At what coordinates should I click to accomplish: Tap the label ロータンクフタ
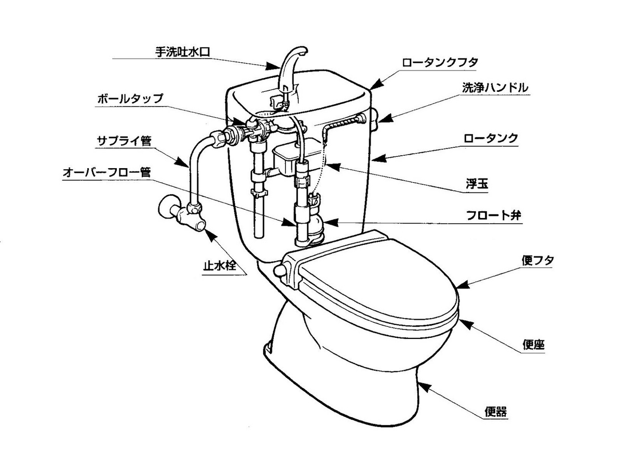[x=439, y=62]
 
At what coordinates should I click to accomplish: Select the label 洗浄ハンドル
[x=495, y=88]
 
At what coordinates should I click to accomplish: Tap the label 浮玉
[x=476, y=184]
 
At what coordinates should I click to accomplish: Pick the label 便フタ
[x=537, y=260]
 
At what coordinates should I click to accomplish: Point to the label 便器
[x=496, y=413]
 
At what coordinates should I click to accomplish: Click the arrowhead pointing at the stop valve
[x=211, y=235]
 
